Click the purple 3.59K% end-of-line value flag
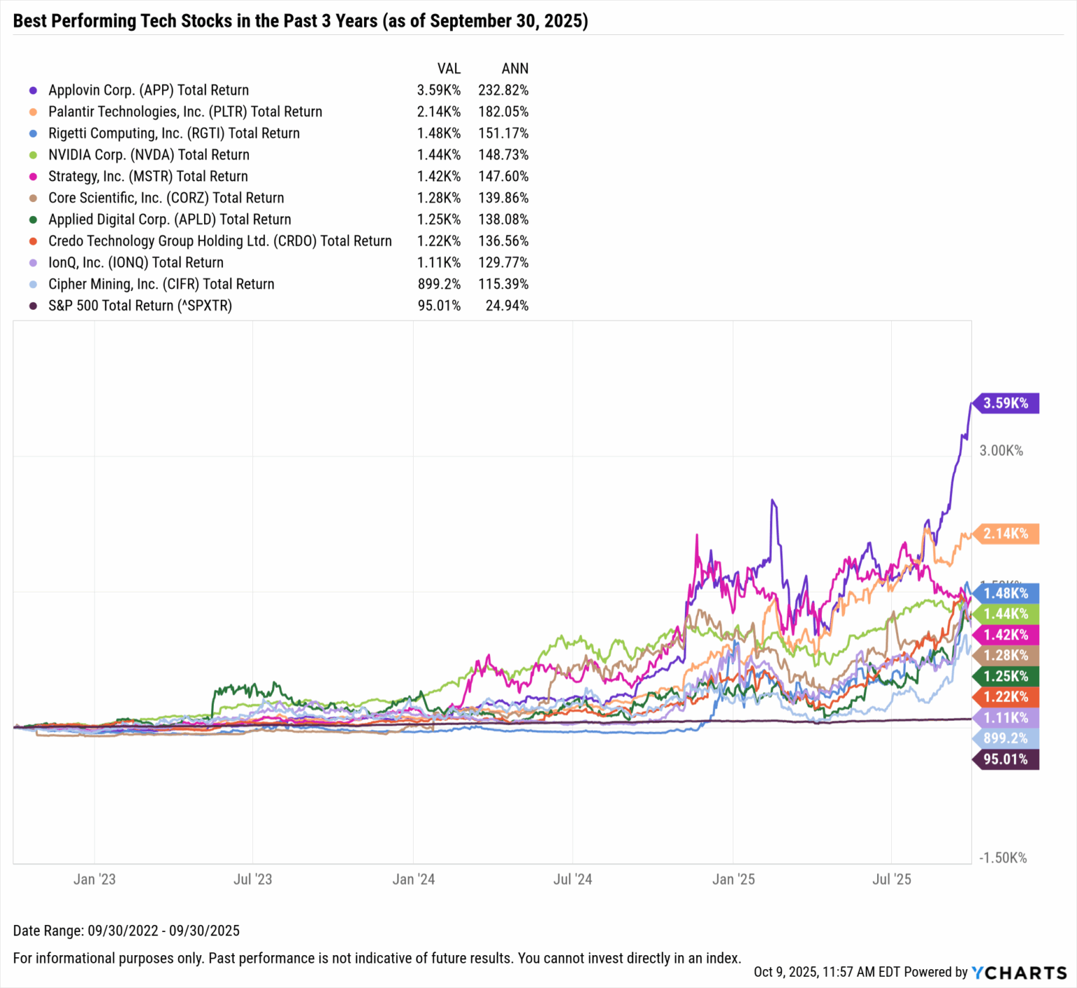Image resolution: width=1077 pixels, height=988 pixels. (1005, 403)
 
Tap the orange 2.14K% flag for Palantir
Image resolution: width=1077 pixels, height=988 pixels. (1005, 534)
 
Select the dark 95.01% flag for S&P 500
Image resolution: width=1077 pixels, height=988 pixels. (1005, 759)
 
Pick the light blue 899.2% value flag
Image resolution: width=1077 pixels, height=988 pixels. (1005, 738)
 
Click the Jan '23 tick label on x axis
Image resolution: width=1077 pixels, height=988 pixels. (95, 879)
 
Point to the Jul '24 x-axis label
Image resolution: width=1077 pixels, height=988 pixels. (573, 879)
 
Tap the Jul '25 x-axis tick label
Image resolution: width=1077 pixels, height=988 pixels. (891, 879)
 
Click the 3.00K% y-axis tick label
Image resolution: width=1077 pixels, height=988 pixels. (1001, 451)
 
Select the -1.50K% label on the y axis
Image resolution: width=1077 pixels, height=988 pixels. (1003, 858)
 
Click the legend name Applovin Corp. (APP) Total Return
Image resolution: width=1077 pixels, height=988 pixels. (149, 90)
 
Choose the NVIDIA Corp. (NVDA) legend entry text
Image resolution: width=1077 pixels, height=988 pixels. (149, 154)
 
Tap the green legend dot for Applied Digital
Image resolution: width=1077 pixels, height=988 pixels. (33, 219)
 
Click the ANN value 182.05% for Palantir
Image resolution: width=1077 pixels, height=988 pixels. (503, 111)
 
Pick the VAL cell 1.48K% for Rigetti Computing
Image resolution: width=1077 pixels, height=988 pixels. (439, 133)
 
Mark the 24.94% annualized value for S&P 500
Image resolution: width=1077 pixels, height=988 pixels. (507, 306)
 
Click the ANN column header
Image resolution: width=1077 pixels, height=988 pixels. (515, 69)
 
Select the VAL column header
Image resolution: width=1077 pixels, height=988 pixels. (449, 69)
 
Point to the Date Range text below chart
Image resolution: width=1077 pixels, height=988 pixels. (126, 931)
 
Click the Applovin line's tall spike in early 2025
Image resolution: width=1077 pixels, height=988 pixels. (773, 501)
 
